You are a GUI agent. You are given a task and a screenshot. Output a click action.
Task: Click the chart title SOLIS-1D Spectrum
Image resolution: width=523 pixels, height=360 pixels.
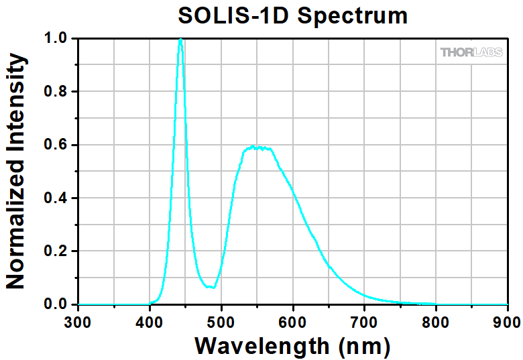pyautogui.click(x=292, y=15)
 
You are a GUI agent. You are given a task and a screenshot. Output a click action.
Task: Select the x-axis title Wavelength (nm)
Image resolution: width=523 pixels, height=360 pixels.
pyautogui.click(x=292, y=346)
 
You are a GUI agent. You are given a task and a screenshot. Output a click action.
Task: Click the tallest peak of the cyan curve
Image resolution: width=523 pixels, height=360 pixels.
pyautogui.click(x=180, y=40)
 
